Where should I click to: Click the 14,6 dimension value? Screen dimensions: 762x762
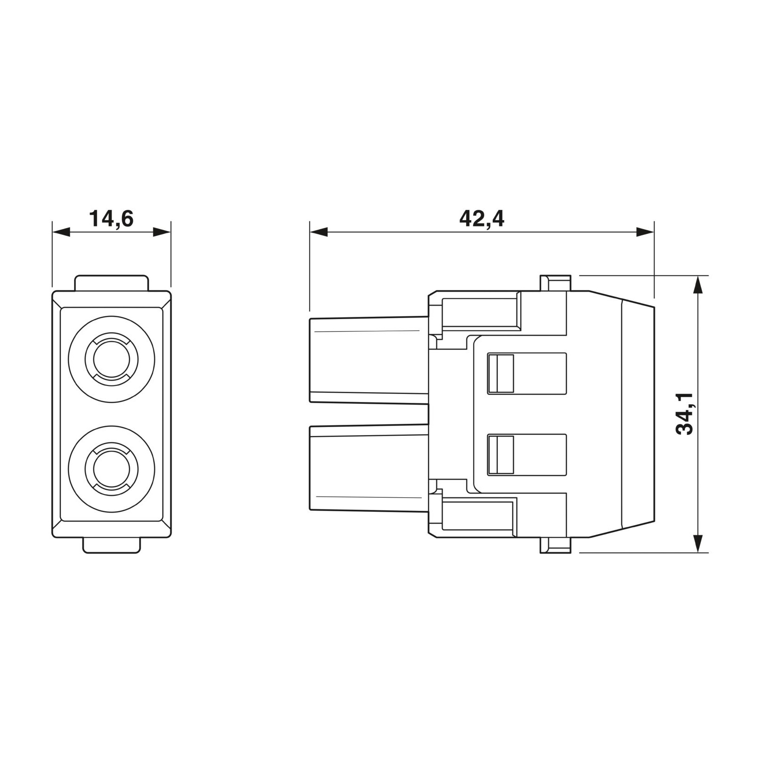pyautogui.click(x=111, y=219)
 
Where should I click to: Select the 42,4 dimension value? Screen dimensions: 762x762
pyautogui.click(x=481, y=219)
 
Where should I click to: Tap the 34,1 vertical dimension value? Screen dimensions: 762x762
pyautogui.click(x=684, y=414)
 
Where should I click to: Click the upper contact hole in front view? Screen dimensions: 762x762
pyautogui.click(x=111, y=359)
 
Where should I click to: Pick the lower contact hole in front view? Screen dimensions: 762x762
pyautogui.click(x=111, y=468)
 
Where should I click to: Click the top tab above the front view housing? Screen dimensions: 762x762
pyautogui.click(x=112, y=283)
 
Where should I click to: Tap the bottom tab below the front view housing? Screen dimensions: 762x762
pyautogui.click(x=111, y=545)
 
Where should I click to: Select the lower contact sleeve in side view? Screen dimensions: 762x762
pyautogui.click(x=369, y=468)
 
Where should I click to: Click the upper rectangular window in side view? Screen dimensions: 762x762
pyautogui.click(x=527, y=373)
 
